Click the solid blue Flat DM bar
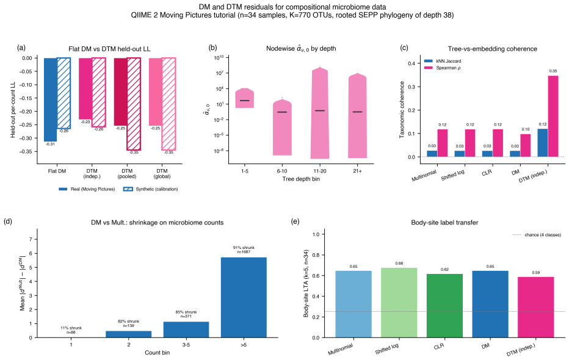click(51, 99)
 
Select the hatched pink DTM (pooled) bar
click(134, 104)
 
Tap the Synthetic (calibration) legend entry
click(151, 189)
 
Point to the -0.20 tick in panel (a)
click(27, 111)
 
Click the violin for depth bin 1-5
click(244, 98)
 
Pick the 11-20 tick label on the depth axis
click(319, 171)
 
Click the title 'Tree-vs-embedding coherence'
click(493, 49)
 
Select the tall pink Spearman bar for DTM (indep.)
click(553, 117)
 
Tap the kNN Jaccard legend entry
click(443, 61)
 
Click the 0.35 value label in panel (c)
click(553, 71)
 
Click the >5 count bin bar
click(244, 297)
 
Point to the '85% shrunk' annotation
click(186, 312)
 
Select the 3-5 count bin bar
click(186, 329)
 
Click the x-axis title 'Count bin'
click(157, 353)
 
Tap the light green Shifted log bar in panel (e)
click(399, 303)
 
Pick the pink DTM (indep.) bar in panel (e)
click(536, 308)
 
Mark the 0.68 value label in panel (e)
click(399, 264)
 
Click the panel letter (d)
click(7, 221)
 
